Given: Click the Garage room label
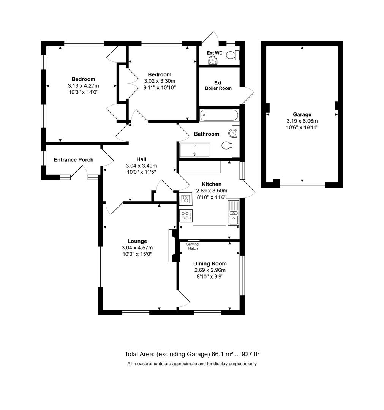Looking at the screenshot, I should (302, 114).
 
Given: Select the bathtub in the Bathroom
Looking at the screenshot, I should (219, 115).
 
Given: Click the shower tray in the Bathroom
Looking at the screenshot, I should (194, 150).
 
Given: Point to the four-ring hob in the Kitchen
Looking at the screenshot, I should (186, 216).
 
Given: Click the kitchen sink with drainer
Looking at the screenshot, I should (233, 213).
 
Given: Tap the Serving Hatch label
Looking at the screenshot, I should (193, 246).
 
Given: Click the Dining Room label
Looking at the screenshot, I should (210, 263).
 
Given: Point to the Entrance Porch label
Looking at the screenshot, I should (73, 160).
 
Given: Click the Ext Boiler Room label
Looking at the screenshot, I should (218, 85).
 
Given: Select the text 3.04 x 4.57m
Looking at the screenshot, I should (137, 248).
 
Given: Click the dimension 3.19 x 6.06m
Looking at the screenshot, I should (302, 121).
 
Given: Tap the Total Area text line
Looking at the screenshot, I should (192, 354).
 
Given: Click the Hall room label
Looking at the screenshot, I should (141, 159).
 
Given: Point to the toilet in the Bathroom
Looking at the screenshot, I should (227, 145).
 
